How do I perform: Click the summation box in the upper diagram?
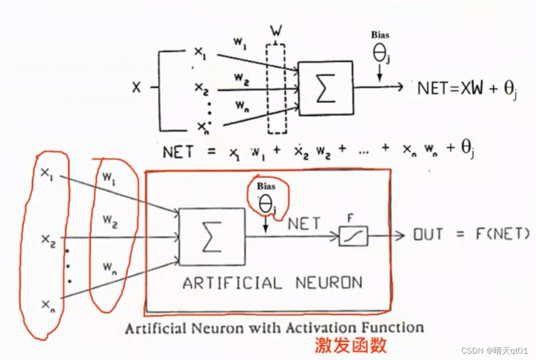pos(325,88)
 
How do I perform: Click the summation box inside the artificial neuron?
pos(212,237)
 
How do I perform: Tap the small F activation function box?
pos(353,235)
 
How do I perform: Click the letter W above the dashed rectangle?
pos(276,31)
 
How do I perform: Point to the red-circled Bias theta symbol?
pos(266,202)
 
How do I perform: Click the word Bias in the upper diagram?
pos(380,35)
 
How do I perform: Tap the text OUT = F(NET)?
pos(471,234)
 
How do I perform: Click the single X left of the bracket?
pos(137,87)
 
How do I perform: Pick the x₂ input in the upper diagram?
pos(201,88)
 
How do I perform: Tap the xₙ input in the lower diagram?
pos(47,305)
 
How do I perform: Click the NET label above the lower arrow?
pos(305,223)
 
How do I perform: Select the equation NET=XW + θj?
pos(467,89)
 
